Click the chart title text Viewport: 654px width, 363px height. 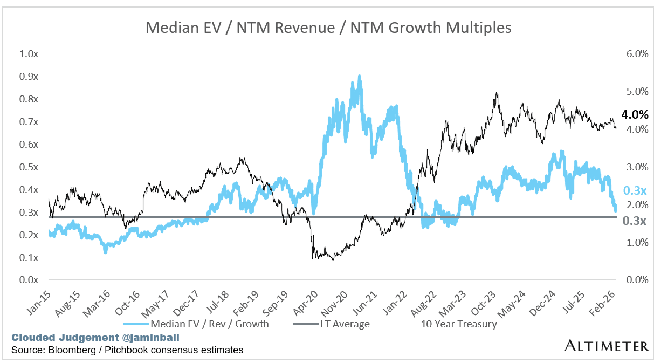(328, 28)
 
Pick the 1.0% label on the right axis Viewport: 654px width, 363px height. (637, 243)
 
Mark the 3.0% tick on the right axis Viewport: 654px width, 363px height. (637, 167)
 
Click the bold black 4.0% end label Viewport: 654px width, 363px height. (634, 115)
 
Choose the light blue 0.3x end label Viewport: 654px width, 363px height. (634, 191)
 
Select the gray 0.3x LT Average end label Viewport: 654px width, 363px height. (634, 221)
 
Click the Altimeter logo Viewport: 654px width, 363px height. (607, 345)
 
